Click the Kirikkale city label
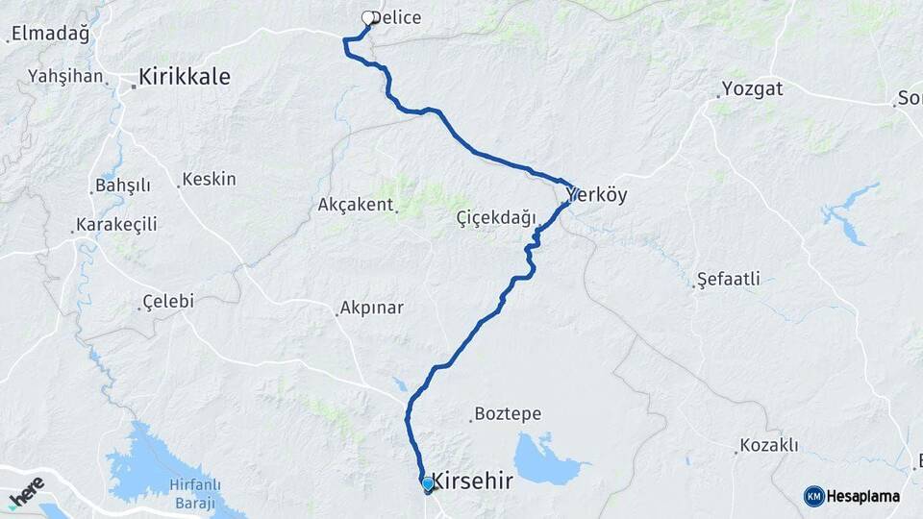tap(184, 76)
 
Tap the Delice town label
tap(397, 17)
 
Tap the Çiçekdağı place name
tap(496, 218)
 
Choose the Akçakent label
tap(356, 205)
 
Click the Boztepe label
tap(509, 415)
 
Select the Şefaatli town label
tap(728, 280)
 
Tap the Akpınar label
tap(371, 309)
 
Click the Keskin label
tap(209, 179)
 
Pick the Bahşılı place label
tap(123, 185)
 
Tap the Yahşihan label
tap(65, 76)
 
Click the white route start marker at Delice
tap(367, 17)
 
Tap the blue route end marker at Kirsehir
tap(427, 484)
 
